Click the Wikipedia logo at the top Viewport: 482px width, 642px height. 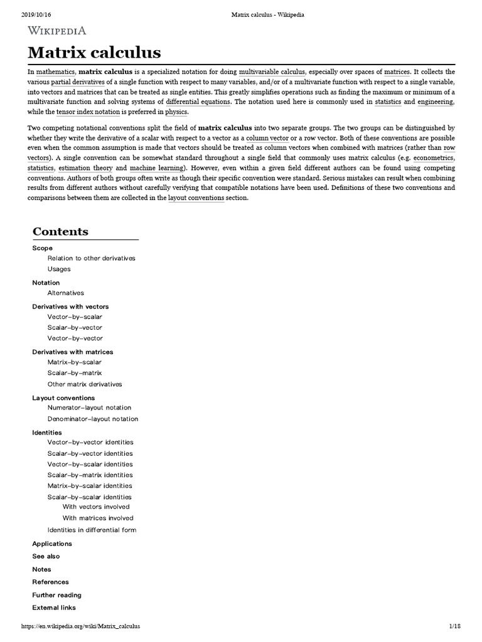[x=56, y=30]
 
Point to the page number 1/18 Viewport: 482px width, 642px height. [x=455, y=626]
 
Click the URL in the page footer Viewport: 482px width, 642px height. [x=80, y=626]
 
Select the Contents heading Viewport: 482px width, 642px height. [x=60, y=231]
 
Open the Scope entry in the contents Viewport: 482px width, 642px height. [x=42, y=248]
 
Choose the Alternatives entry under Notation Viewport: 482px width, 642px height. [x=65, y=293]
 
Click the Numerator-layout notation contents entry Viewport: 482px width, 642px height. [x=89, y=408]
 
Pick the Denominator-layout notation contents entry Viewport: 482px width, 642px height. [x=93, y=419]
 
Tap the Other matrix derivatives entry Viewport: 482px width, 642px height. [x=85, y=384]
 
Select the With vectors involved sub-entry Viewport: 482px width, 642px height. [x=96, y=507]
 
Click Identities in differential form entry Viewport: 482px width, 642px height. [x=92, y=530]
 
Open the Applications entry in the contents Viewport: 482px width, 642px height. [x=52, y=544]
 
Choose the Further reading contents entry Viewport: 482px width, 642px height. [x=56, y=595]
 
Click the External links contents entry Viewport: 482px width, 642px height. [x=54, y=608]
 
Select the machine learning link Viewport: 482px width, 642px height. [x=157, y=169]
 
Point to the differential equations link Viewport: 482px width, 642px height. [x=198, y=102]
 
